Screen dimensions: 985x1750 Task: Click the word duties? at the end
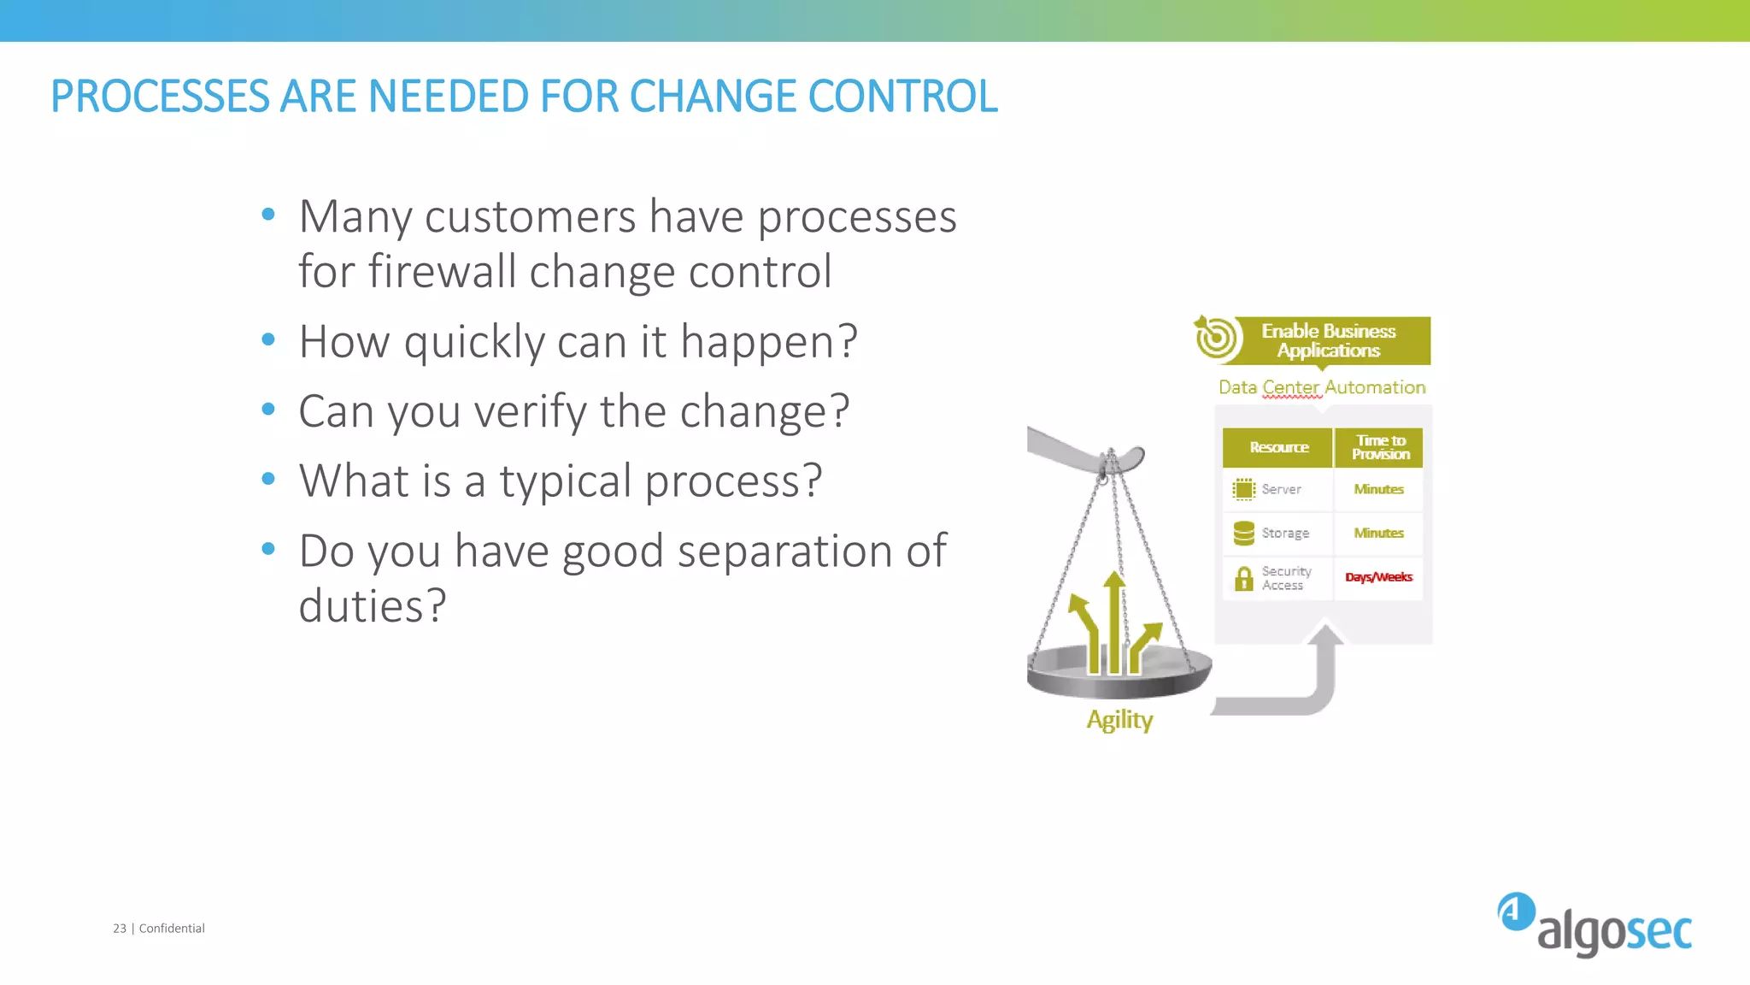point(373,606)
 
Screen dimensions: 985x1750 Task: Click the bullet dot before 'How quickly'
point(268,340)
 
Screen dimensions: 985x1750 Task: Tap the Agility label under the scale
point(1119,720)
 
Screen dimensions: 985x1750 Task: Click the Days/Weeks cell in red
point(1378,577)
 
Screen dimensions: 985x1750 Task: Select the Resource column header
point(1278,447)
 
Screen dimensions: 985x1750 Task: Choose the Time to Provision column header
point(1380,447)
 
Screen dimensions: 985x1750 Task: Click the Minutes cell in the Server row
point(1378,489)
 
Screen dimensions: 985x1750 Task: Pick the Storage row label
point(1285,533)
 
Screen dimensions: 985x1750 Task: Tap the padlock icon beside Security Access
point(1244,579)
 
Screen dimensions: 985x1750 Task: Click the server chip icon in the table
point(1244,489)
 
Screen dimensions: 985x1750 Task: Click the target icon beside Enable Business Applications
point(1217,339)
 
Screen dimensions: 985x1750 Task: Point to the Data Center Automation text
point(1322,387)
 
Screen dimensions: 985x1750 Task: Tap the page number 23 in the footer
point(120,929)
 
